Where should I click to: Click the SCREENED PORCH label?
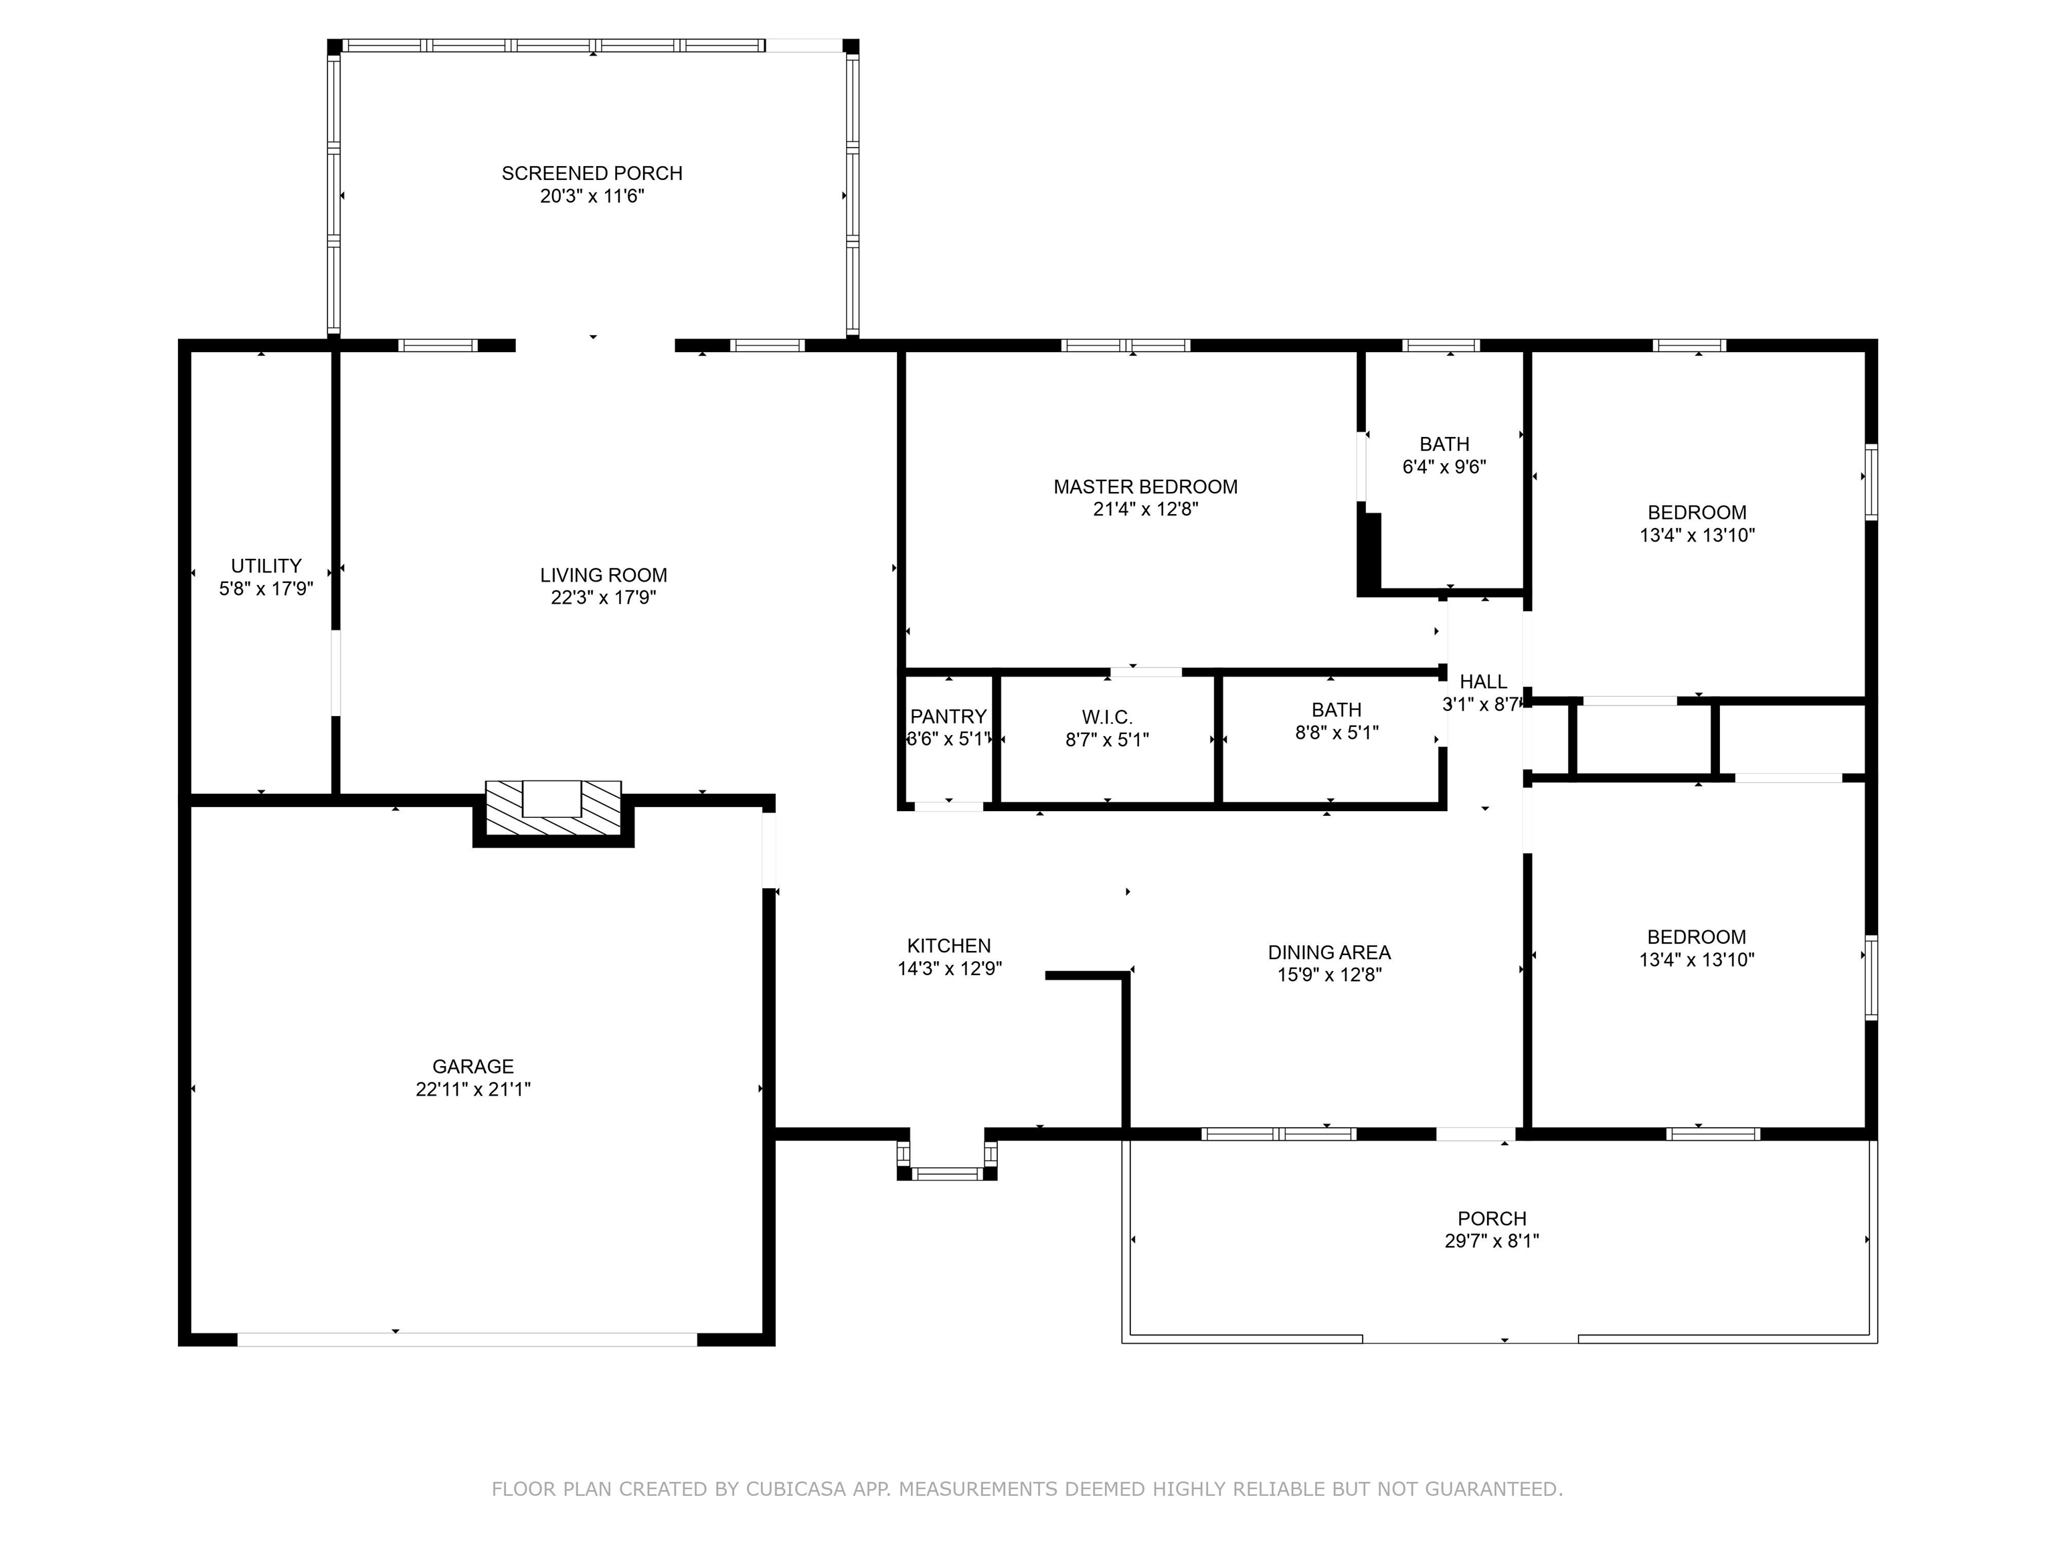click(x=592, y=173)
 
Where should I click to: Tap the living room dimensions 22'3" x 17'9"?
click(x=603, y=598)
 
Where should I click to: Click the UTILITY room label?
click(x=266, y=566)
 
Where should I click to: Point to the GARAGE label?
click(x=473, y=1066)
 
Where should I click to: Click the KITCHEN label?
click(x=949, y=945)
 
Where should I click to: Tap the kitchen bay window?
click(x=947, y=1174)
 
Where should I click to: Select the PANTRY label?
click(x=948, y=717)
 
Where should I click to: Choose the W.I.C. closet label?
click(x=1107, y=717)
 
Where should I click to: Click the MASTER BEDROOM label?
click(x=1145, y=487)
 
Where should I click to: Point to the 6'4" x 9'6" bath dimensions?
click(x=1444, y=466)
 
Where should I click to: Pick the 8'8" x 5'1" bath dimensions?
click(x=1337, y=732)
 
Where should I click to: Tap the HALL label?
click(x=1484, y=682)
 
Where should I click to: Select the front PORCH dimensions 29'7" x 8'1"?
click(x=1492, y=1241)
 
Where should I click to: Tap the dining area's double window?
click(x=1279, y=1134)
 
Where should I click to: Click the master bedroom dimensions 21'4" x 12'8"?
click(x=1146, y=509)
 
